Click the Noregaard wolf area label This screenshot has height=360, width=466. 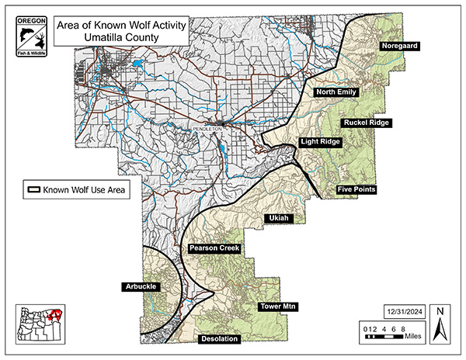[400, 47]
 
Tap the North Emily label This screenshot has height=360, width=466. [336, 92]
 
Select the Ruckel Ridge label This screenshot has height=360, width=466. [367, 122]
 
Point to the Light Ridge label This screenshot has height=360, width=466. [320, 142]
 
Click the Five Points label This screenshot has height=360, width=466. [356, 189]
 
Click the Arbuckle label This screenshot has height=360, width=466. [140, 287]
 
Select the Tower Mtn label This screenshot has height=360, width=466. [278, 307]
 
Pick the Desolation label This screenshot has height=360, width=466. [219, 339]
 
